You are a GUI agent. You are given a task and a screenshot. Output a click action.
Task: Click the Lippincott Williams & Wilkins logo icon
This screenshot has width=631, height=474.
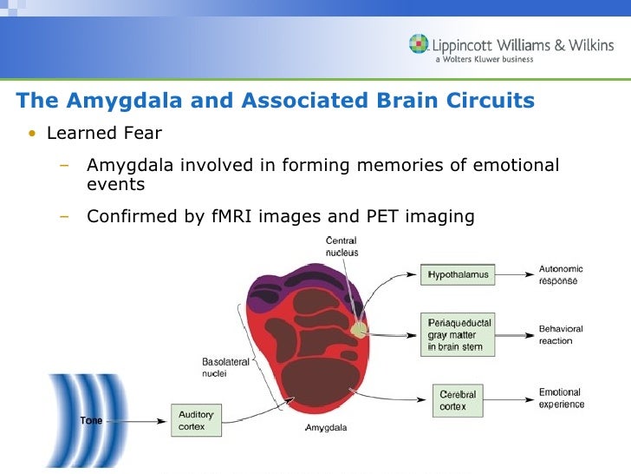[420, 43]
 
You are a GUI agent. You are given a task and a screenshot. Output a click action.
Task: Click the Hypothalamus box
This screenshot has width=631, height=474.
[458, 275]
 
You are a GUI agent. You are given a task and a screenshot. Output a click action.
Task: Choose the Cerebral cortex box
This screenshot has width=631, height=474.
[458, 400]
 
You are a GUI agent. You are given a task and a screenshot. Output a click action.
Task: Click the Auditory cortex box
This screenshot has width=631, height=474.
[197, 420]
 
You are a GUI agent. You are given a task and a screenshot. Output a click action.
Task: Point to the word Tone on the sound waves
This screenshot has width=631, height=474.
[91, 421]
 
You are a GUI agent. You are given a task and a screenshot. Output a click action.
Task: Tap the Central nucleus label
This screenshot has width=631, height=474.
[341, 247]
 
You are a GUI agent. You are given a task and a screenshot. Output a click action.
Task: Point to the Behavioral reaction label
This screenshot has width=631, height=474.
[561, 335]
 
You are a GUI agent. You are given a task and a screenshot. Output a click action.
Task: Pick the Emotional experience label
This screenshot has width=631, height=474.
[562, 398]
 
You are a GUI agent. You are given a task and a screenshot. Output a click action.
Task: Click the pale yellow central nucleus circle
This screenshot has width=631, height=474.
[358, 328]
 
